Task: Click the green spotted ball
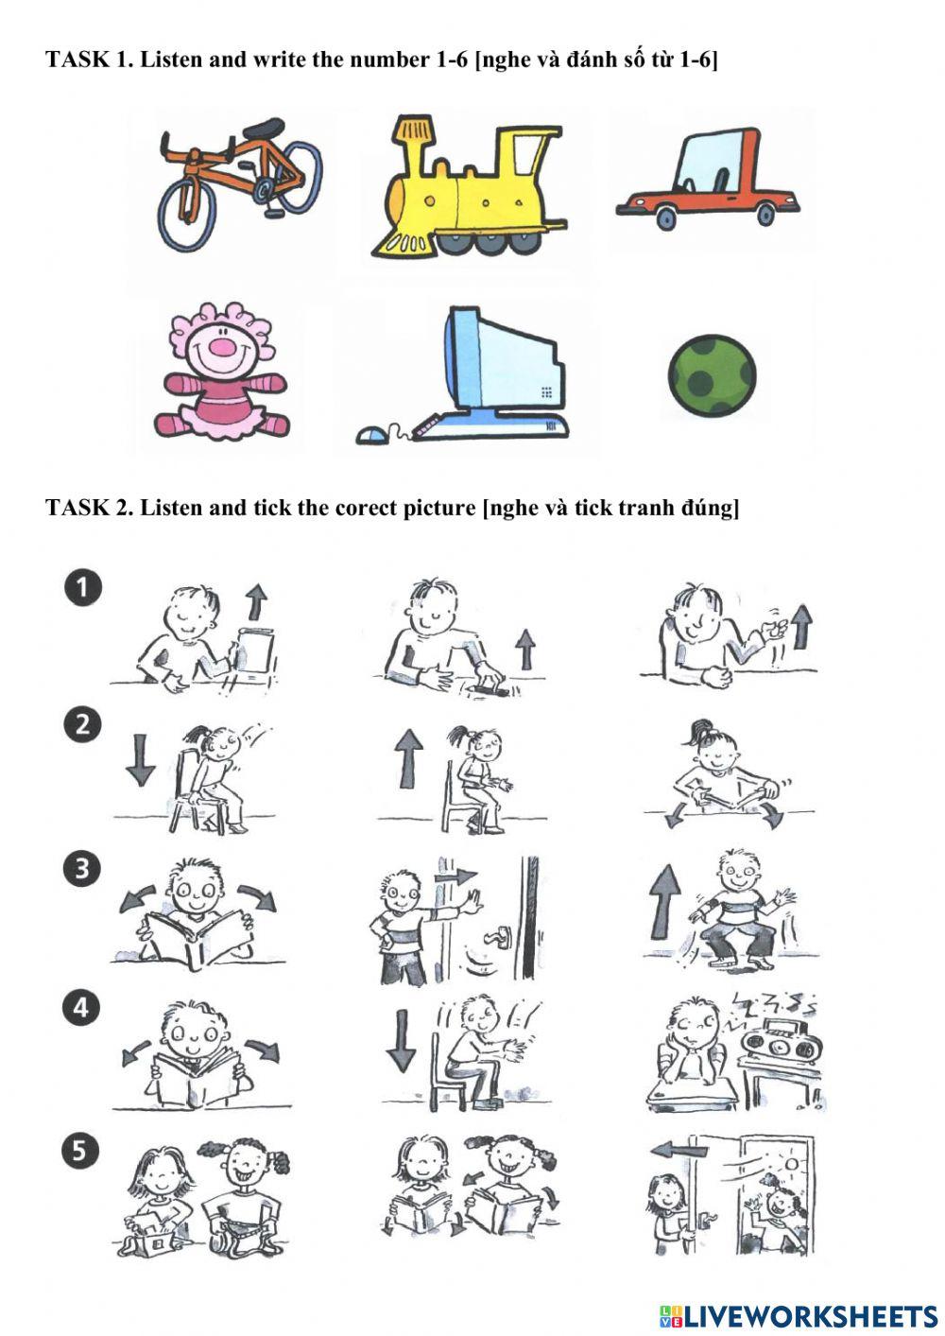tap(712, 374)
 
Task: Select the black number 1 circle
tap(83, 589)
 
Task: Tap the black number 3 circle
tap(81, 868)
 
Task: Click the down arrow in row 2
tap(141, 759)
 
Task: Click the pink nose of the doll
tap(222, 347)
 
